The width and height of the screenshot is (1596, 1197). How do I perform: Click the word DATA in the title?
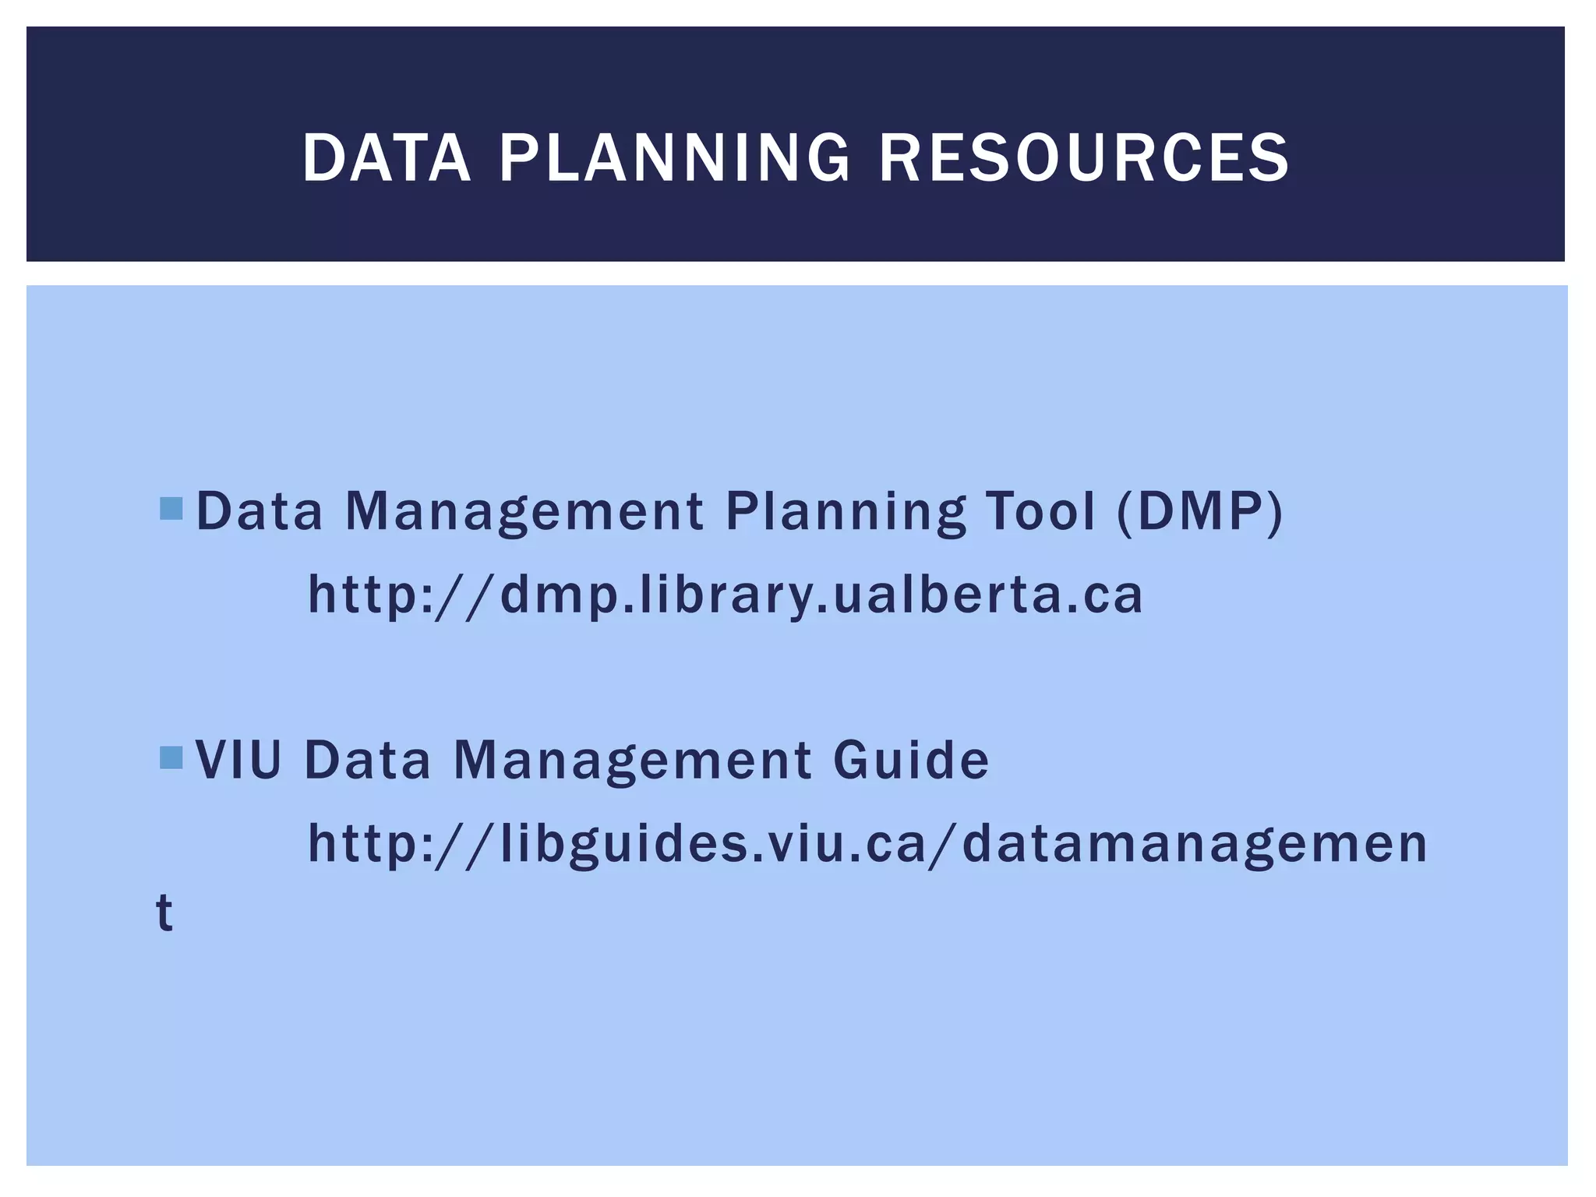387,158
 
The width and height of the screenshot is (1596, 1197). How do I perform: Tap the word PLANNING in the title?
674,158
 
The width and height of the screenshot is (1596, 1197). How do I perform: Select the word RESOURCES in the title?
1084,158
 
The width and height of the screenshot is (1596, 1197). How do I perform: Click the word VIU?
238,760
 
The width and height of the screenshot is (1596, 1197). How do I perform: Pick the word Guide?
911,760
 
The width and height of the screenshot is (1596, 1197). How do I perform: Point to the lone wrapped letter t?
164,912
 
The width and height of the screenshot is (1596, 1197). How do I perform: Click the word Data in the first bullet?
259,512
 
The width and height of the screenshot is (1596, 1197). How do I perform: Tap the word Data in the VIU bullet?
367,760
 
